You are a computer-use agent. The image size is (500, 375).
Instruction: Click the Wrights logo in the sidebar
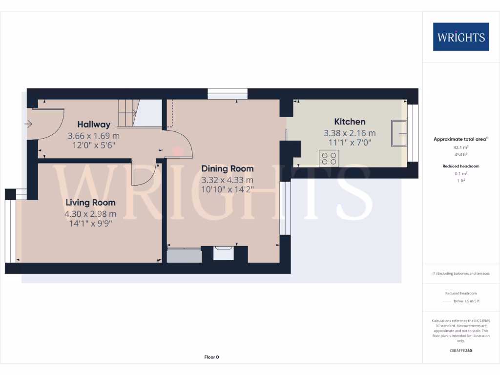(461, 37)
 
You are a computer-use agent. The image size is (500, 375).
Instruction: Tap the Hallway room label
(94, 125)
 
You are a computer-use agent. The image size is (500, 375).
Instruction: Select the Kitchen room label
(350, 122)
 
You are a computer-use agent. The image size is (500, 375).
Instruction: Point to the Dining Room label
(228, 169)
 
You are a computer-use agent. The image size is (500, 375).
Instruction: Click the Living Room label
(91, 203)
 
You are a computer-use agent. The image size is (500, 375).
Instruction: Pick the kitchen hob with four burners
(329, 158)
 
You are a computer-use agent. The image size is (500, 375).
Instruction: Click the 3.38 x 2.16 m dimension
(350, 133)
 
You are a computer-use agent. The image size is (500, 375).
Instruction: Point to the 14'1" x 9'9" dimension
(91, 223)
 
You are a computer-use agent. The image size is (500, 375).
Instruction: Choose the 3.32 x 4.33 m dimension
(228, 180)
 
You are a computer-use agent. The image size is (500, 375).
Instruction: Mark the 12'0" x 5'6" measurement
(94, 145)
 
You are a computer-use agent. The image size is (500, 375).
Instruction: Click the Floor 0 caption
(211, 357)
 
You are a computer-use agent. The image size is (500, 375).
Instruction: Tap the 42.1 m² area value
(461, 147)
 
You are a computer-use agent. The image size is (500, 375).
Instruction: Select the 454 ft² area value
(461, 154)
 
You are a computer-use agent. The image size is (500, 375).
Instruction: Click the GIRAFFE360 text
(461, 351)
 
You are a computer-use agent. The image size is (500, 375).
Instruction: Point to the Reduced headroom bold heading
(461, 166)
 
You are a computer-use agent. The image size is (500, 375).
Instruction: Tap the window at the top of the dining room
(228, 94)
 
